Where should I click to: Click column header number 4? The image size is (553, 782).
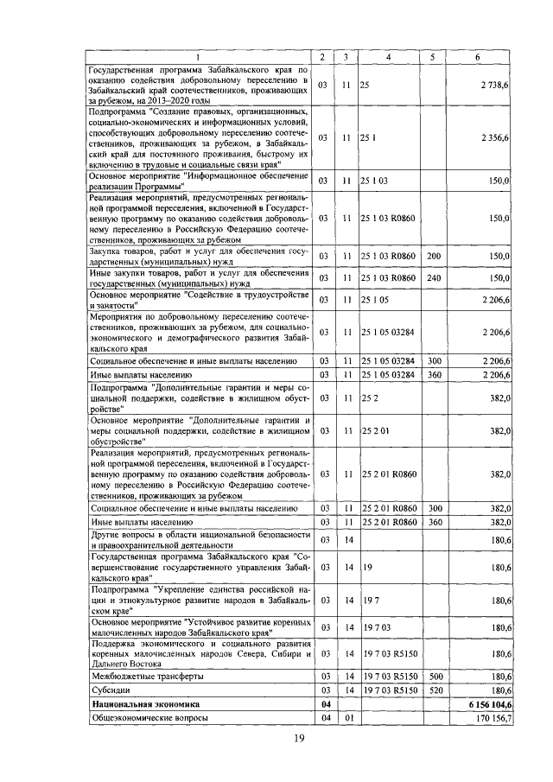(x=388, y=57)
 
